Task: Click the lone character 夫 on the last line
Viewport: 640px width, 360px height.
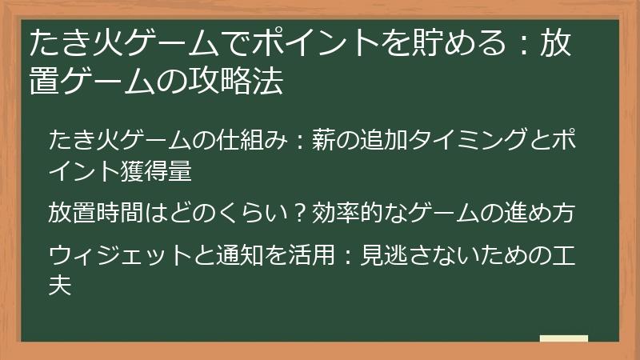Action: click(59, 286)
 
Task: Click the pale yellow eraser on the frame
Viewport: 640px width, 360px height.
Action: click(563, 338)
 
